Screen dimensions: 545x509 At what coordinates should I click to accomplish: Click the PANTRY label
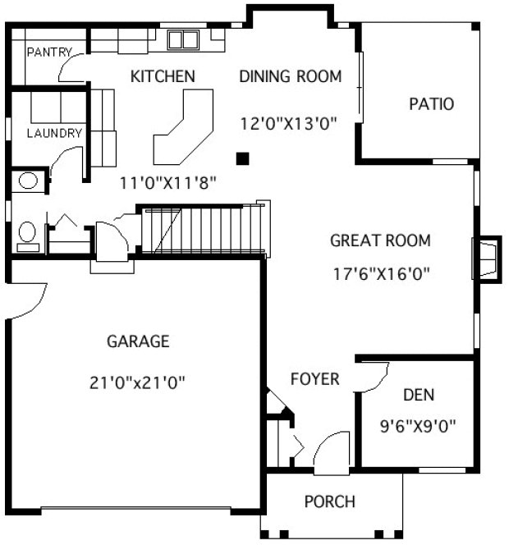click(x=50, y=53)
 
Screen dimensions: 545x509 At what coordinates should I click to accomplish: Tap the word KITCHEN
click(x=163, y=76)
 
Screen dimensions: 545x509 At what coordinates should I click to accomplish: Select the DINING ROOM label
click(x=290, y=76)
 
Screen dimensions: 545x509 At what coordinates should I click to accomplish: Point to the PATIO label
click(x=432, y=104)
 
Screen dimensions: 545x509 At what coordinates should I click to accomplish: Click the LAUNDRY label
click(x=54, y=133)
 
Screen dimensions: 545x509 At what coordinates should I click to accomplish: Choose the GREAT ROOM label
click(x=380, y=240)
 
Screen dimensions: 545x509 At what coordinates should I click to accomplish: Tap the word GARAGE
click(x=138, y=341)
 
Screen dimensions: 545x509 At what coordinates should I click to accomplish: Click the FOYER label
click(x=315, y=378)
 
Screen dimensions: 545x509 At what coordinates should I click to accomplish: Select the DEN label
click(x=418, y=395)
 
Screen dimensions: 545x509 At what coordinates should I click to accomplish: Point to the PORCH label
click(x=329, y=501)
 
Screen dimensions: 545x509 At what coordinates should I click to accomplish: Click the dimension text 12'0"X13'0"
click(x=290, y=124)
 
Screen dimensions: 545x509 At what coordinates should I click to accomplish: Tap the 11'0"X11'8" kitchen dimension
click(x=168, y=183)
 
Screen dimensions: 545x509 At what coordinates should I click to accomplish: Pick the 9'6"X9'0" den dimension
click(x=418, y=426)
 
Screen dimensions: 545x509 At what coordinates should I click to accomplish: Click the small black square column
click(x=242, y=157)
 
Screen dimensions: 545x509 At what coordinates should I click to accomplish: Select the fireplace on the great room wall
click(x=486, y=259)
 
